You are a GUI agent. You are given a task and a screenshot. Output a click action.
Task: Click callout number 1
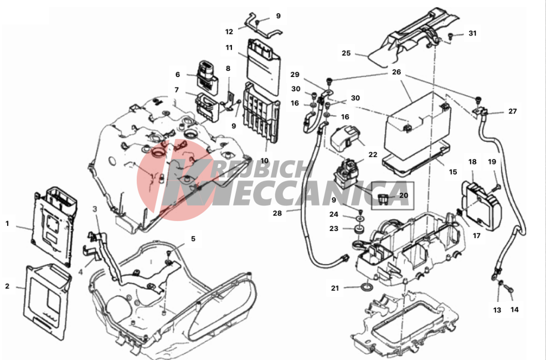pyautogui.click(x=7, y=224)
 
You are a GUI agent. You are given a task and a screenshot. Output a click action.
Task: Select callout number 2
pyautogui.click(x=7, y=286)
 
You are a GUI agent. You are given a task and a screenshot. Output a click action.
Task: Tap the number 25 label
pyautogui.click(x=346, y=53)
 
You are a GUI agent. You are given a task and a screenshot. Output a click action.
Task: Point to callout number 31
pyautogui.click(x=472, y=33)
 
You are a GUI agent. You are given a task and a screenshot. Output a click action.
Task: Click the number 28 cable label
pyautogui.click(x=277, y=213)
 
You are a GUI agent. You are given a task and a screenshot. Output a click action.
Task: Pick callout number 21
pyautogui.click(x=335, y=289)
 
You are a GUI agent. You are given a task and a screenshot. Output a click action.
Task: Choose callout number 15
pyautogui.click(x=452, y=172)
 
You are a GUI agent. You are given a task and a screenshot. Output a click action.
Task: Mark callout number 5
pyautogui.click(x=193, y=239)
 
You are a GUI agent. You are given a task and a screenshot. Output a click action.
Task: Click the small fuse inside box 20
pyautogui.click(x=383, y=199)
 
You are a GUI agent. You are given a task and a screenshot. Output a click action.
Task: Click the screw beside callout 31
pyautogui.click(x=450, y=35)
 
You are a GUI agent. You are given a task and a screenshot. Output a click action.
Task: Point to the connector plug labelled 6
pyautogui.click(x=207, y=74)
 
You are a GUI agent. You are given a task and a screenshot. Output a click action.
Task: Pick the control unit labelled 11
pyautogui.click(x=263, y=66)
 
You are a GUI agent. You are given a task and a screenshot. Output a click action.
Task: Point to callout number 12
pyautogui.click(x=229, y=32)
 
